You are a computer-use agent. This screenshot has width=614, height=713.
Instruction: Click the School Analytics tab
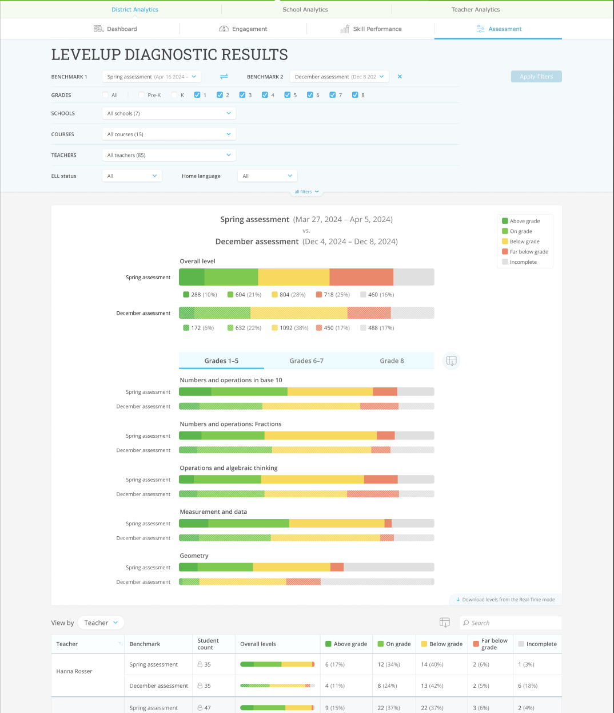(305, 10)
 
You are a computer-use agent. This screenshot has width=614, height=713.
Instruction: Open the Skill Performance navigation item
(371, 29)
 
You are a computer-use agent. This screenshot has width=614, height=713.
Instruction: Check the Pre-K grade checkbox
(141, 95)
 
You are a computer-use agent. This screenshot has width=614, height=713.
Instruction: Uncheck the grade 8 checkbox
(355, 95)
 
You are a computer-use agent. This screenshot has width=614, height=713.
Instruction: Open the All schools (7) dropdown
(169, 113)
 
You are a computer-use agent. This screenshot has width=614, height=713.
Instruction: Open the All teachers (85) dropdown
(169, 155)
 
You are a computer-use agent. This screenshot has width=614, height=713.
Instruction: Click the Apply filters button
(536, 77)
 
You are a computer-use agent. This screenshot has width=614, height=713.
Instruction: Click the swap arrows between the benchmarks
(224, 77)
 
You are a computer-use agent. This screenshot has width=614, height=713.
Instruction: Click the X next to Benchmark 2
(400, 77)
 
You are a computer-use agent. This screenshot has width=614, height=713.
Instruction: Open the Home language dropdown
(267, 176)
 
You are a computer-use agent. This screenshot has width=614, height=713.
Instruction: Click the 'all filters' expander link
(306, 192)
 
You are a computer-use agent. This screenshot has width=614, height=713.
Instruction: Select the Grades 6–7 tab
(306, 361)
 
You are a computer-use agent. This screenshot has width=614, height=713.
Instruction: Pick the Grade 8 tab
(392, 361)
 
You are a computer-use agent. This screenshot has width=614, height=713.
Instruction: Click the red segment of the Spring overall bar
(361, 277)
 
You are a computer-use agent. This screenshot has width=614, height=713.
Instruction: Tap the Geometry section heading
(194, 556)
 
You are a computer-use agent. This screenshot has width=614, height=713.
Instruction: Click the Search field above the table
(510, 623)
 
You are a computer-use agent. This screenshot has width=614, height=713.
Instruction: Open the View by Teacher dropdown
(101, 623)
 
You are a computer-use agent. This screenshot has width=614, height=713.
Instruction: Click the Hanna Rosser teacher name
(74, 671)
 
